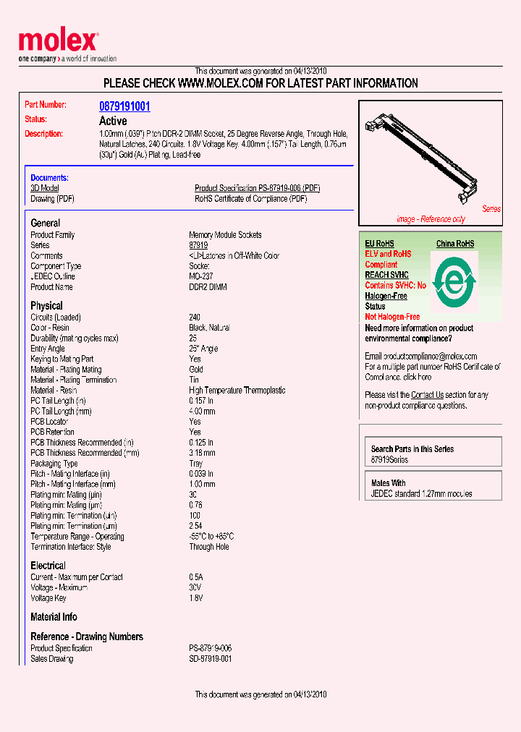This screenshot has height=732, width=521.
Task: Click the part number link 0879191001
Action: tap(124, 106)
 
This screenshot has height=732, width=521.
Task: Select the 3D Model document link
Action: tap(44, 188)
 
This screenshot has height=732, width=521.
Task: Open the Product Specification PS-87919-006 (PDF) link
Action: tap(257, 188)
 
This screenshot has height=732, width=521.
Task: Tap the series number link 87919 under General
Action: tap(198, 245)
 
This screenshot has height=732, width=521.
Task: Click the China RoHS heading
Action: tap(455, 244)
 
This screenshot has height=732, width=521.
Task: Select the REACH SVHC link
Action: tap(386, 275)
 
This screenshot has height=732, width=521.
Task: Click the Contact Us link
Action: tap(427, 395)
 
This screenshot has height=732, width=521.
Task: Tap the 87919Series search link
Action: tap(389, 460)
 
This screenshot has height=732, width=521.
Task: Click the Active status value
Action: tap(113, 121)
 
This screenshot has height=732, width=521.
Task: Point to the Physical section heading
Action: tap(46, 306)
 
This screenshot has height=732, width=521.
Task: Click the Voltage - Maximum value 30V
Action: tap(196, 588)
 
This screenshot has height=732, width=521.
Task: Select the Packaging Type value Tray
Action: tap(196, 464)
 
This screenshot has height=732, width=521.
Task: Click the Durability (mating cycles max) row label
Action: tap(75, 339)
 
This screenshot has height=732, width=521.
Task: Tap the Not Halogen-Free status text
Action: tap(392, 317)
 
